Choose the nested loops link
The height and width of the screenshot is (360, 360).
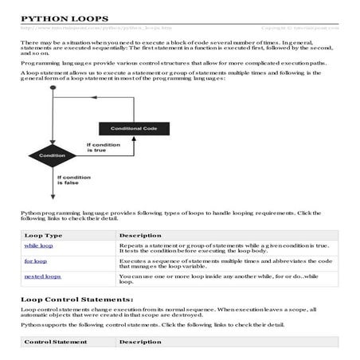(x=42, y=276)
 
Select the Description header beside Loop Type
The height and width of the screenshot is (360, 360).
(x=140, y=236)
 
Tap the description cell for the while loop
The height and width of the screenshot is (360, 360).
(x=223, y=249)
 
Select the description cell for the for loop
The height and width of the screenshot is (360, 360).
(x=223, y=264)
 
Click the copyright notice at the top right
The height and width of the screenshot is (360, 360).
(x=306, y=28)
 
